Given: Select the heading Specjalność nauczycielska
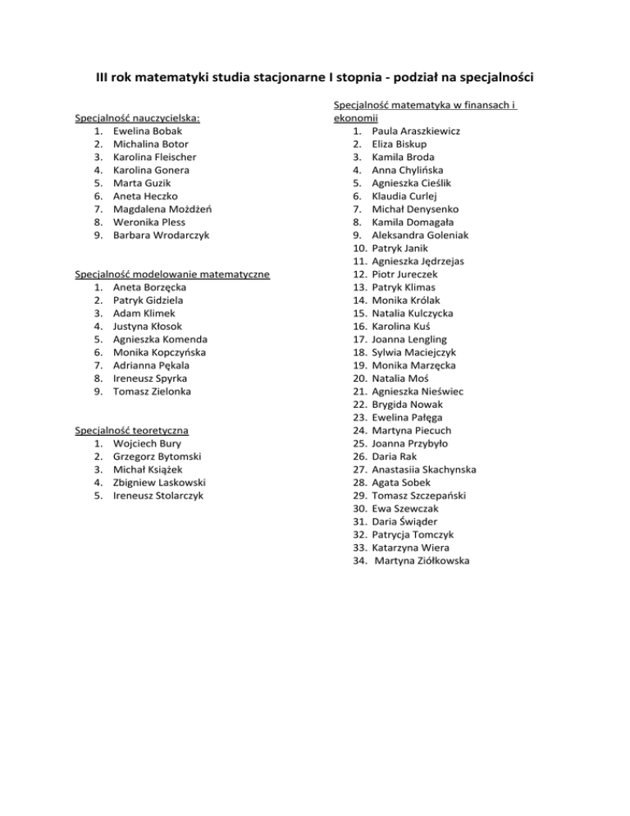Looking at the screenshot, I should (138, 117).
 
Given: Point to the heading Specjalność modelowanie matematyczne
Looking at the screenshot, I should (172, 273).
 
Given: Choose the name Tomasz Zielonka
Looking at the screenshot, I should (153, 391).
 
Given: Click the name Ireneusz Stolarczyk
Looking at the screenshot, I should (158, 495).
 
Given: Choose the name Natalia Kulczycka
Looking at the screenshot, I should (412, 313).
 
